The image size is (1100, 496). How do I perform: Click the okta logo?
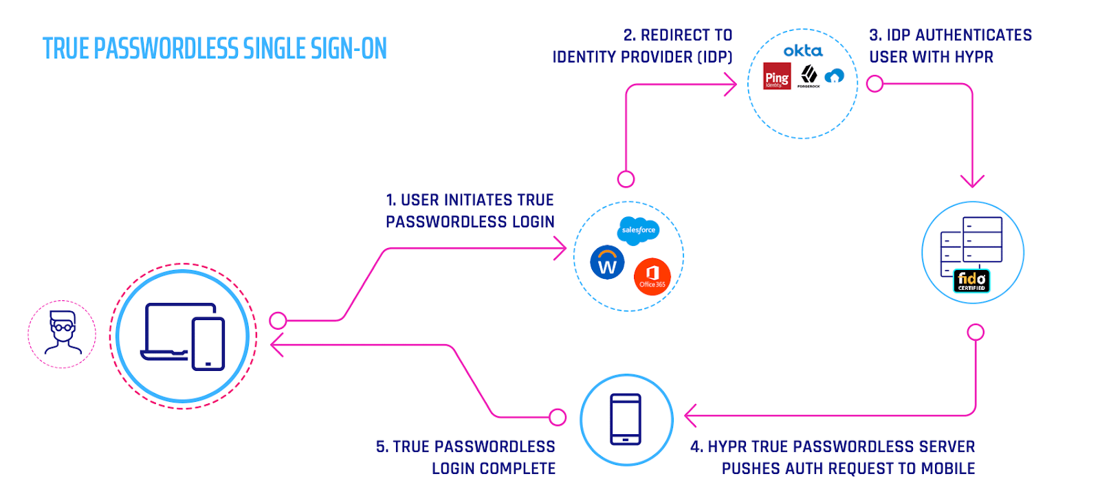(x=802, y=51)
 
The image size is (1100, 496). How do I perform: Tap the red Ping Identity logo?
(x=777, y=76)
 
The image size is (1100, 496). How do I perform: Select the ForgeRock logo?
(x=809, y=76)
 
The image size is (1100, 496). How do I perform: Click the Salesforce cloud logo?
(x=639, y=231)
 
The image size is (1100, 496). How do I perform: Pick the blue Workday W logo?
(x=607, y=262)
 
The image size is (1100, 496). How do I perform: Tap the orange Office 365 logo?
(x=652, y=277)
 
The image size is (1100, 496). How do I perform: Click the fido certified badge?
(x=972, y=280)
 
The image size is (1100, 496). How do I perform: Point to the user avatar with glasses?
(x=63, y=333)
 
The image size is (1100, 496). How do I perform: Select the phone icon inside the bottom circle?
(x=626, y=419)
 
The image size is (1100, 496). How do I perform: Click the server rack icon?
(x=971, y=246)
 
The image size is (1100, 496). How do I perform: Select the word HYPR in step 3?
(x=974, y=57)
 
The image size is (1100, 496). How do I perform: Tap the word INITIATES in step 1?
(x=478, y=200)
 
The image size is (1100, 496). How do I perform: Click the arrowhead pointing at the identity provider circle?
(x=731, y=84)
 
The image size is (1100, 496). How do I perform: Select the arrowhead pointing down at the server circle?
(x=972, y=181)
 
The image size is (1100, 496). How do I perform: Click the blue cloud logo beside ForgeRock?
(x=835, y=76)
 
